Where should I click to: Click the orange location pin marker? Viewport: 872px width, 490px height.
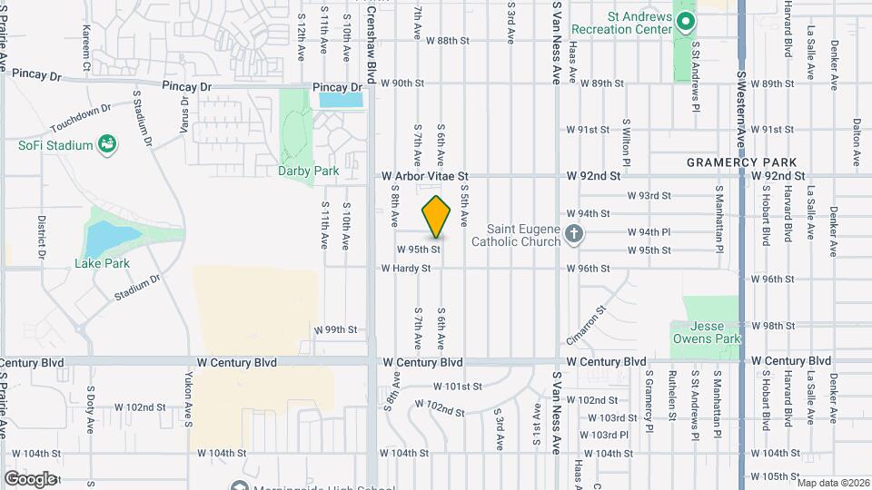[437, 217]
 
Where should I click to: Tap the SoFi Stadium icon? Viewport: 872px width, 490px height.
[107, 143]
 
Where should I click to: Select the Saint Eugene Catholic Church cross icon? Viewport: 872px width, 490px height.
[573, 235]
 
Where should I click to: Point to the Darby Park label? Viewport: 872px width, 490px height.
[308, 171]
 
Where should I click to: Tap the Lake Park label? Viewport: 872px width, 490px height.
[102, 264]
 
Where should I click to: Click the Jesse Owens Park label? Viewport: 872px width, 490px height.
[705, 332]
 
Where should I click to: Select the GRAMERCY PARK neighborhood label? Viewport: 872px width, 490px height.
[740, 162]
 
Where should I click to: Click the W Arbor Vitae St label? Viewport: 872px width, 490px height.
[424, 176]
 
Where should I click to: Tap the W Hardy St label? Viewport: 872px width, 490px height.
[406, 269]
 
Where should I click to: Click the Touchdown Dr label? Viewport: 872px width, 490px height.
[80, 117]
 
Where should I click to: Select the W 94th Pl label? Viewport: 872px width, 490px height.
[649, 232]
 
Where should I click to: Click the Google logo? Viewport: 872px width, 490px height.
[30, 478]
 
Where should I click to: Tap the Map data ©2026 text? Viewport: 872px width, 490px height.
[830, 483]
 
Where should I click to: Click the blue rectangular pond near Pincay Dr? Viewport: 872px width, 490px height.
[341, 99]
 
